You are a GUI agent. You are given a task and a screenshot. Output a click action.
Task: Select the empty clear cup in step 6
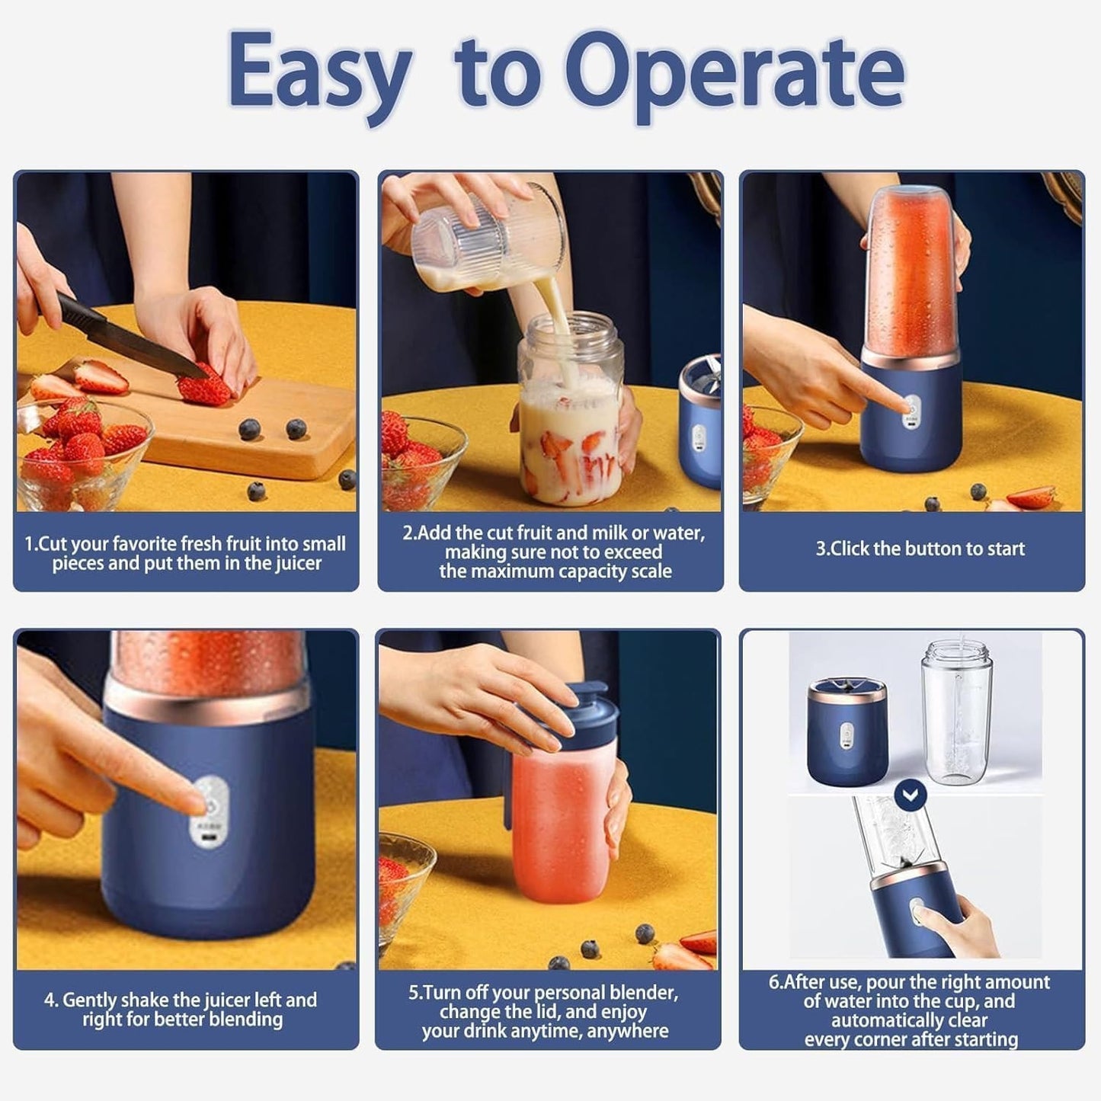pos(956,716)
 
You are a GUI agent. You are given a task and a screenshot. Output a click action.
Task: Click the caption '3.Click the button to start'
pos(920,549)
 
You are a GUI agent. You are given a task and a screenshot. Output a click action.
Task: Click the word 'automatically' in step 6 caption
pos(909,1020)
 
